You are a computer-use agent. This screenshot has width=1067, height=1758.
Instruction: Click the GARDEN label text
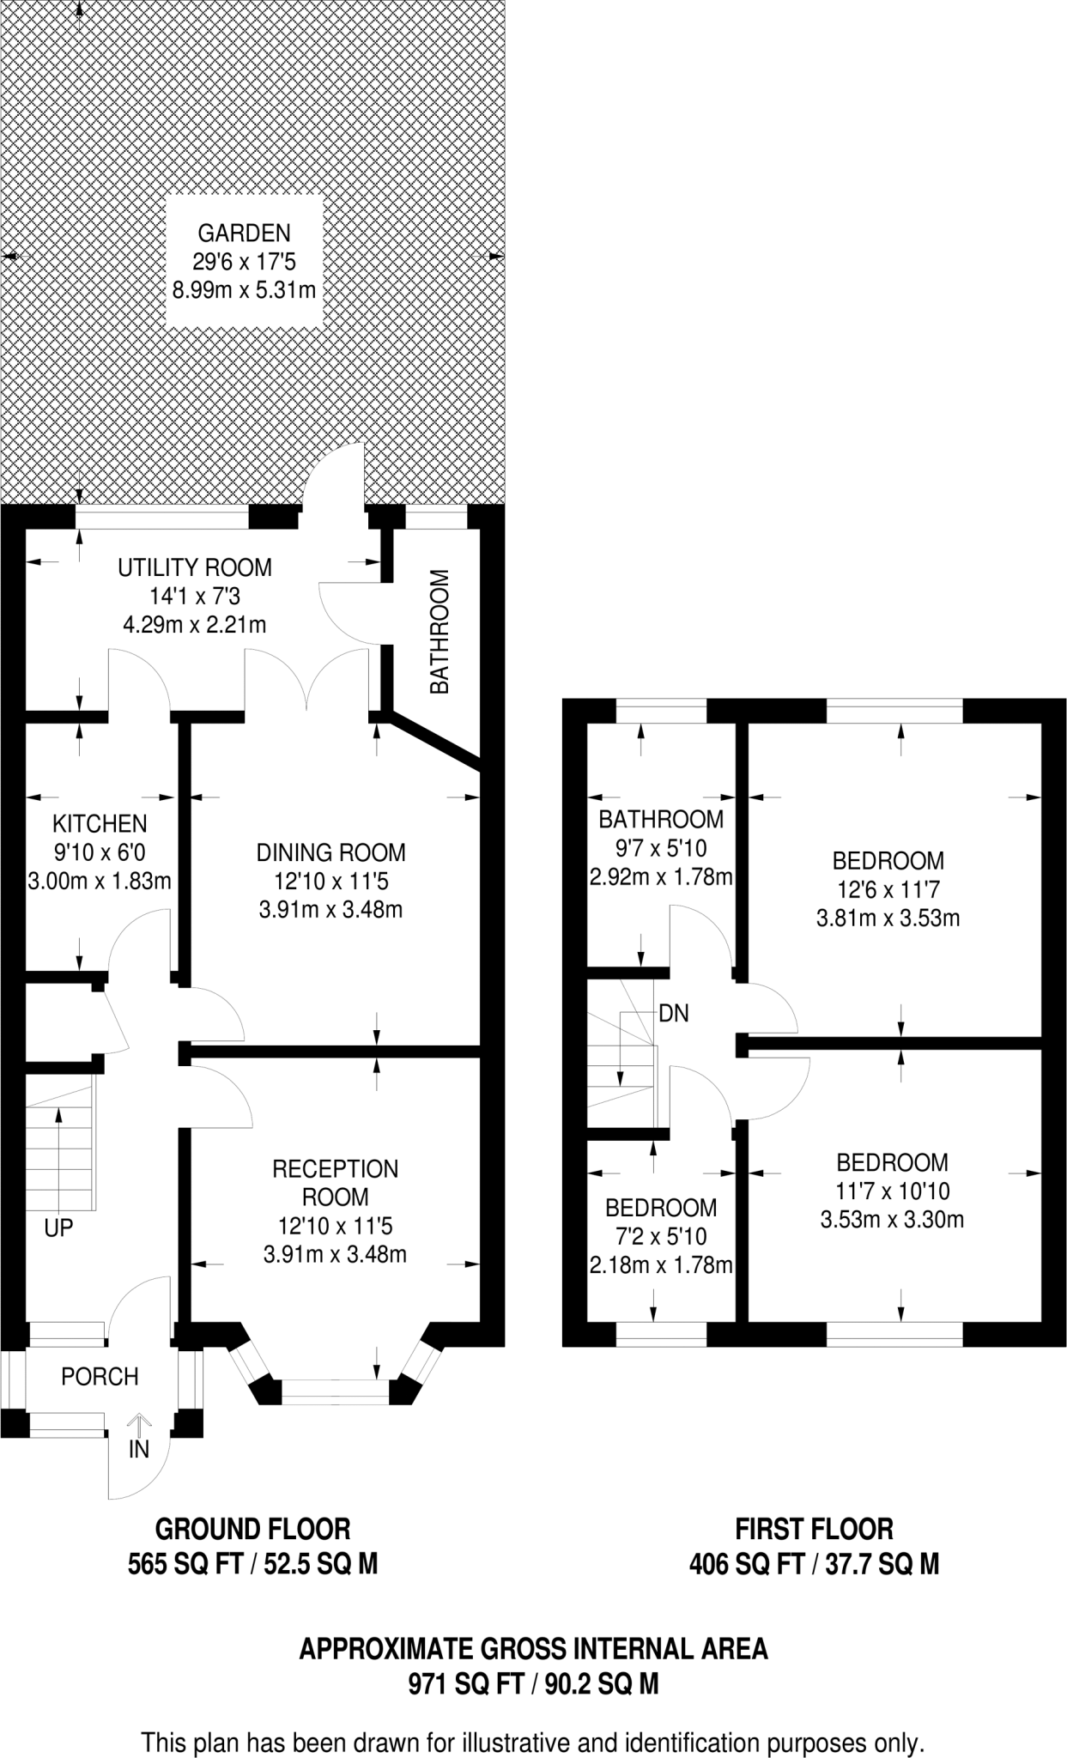point(244,233)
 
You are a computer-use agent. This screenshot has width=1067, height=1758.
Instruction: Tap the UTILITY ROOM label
point(195,567)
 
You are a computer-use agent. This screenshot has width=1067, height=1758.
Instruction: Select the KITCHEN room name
point(100,824)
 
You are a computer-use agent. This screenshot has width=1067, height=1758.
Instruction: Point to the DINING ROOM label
point(330,852)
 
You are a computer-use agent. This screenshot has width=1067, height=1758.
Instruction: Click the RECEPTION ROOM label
point(335,1182)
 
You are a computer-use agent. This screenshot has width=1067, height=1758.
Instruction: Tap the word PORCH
point(100,1377)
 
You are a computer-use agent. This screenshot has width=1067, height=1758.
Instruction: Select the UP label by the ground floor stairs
point(58,1228)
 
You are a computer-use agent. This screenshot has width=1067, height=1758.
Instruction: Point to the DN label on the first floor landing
point(674,1014)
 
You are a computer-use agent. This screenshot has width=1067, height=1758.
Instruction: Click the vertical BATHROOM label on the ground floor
point(440,632)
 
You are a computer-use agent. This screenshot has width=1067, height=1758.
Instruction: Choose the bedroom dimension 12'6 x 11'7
point(888,889)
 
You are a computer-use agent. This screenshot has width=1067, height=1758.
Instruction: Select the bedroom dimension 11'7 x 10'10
point(893,1191)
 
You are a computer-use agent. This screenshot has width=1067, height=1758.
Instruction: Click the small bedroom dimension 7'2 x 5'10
point(660,1236)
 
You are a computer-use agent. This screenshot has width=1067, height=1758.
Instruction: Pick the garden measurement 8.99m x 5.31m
point(244,290)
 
